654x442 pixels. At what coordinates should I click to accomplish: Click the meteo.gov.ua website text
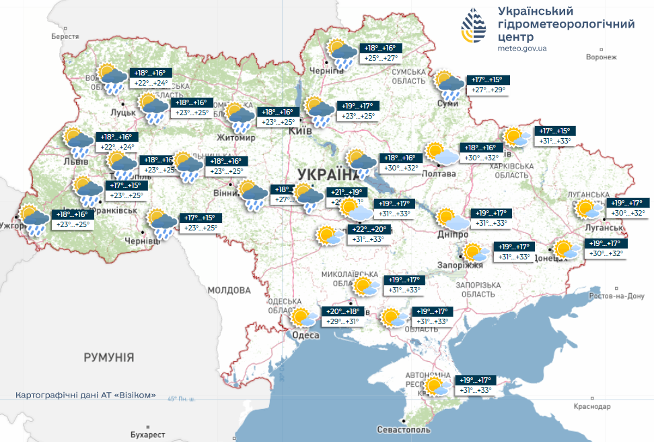521,49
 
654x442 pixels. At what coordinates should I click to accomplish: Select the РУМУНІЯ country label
109,356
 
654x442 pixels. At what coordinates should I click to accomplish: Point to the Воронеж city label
601,57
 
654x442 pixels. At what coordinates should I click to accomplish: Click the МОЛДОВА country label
229,290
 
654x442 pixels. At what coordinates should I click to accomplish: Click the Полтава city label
439,174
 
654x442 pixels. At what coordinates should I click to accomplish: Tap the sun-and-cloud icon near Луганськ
588,209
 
